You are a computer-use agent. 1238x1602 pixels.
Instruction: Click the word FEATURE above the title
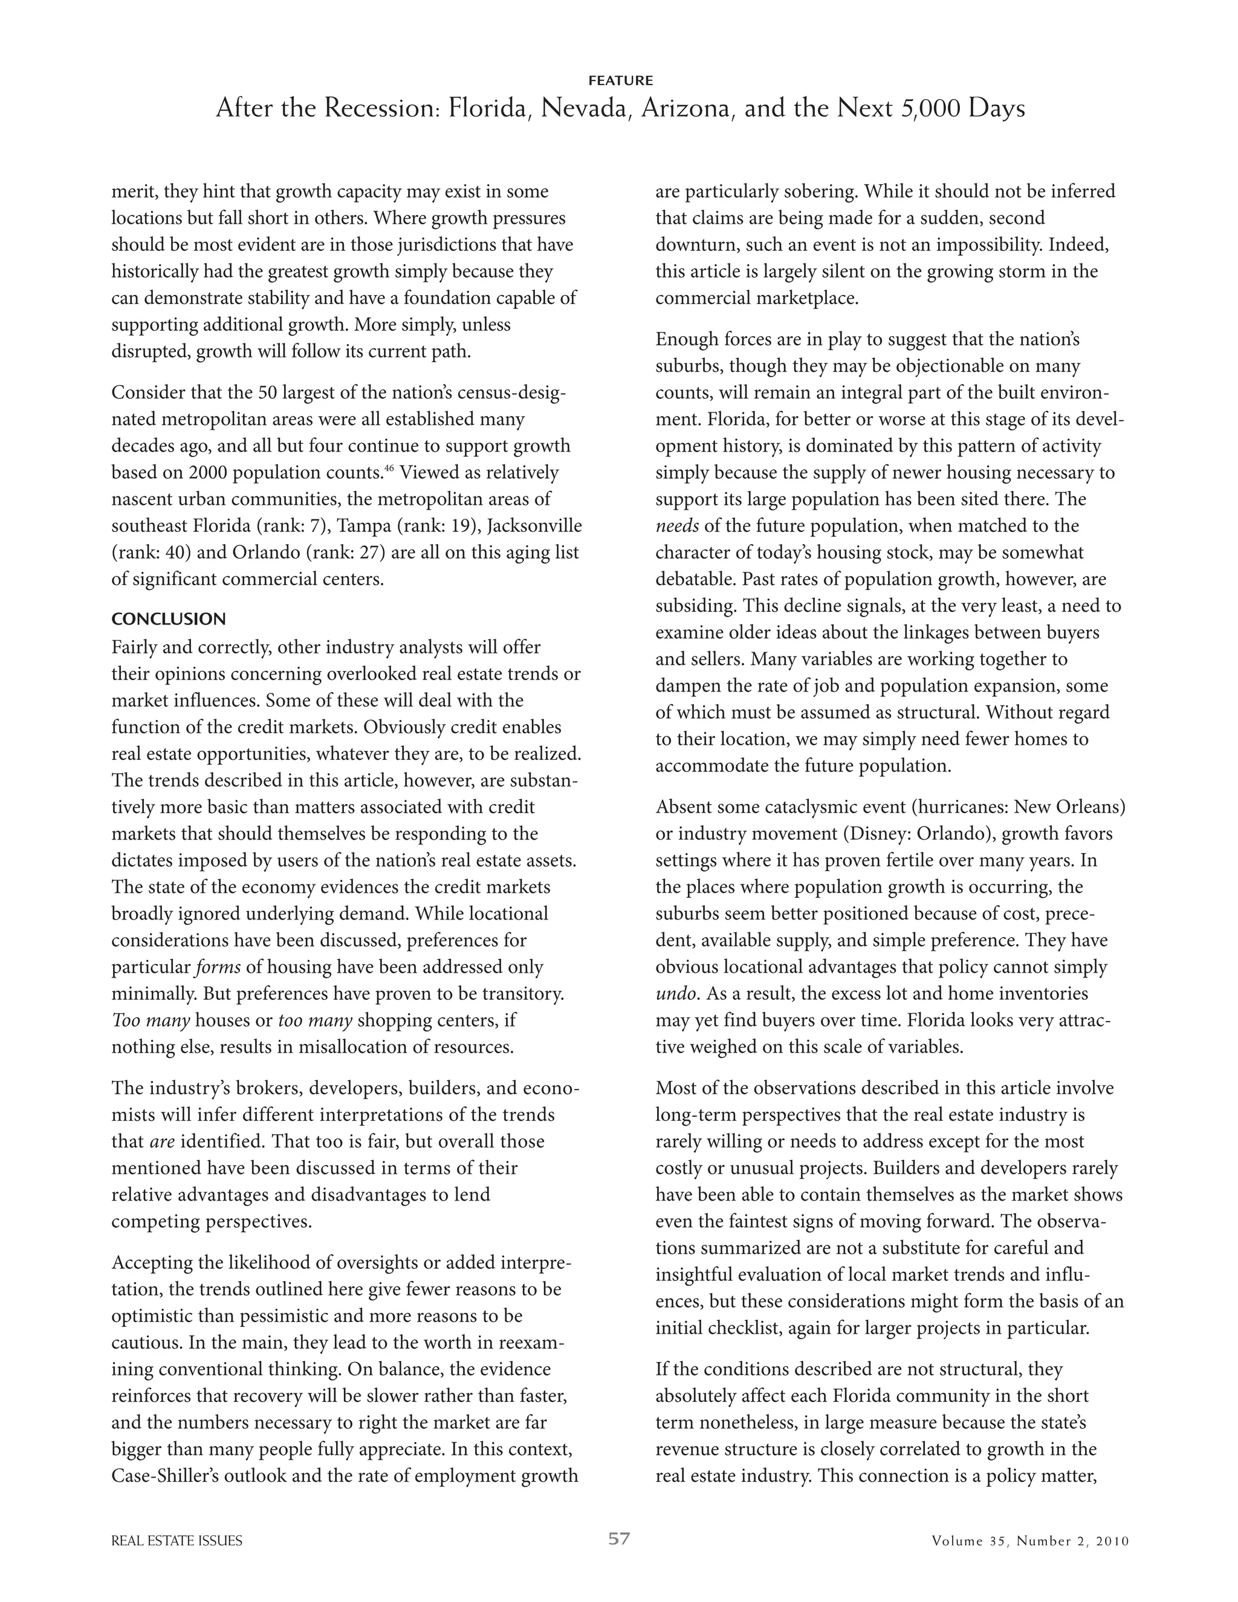pyautogui.click(x=620, y=80)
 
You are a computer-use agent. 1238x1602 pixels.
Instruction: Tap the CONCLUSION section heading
pyautogui.click(x=169, y=619)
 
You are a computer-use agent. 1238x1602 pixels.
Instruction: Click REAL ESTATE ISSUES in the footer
pyautogui.click(x=177, y=1541)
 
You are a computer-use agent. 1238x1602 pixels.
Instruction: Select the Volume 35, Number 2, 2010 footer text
pyautogui.click(x=1031, y=1541)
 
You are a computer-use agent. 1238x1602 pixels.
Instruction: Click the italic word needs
pyautogui.click(x=676, y=526)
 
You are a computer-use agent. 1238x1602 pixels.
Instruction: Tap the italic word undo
pyautogui.click(x=675, y=994)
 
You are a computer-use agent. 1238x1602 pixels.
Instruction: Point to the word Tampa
pyautogui.click(x=362, y=526)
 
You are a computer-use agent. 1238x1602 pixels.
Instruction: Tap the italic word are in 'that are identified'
pyautogui.click(x=161, y=1142)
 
